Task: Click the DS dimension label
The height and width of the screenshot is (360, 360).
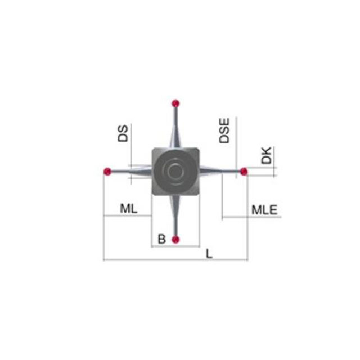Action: pos(123,133)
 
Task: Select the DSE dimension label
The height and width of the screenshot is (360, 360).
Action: pos(224,130)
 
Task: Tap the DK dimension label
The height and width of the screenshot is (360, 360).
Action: pos(266,155)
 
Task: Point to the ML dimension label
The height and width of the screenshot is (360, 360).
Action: pos(129,209)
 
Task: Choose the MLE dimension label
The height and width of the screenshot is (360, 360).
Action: pos(264,210)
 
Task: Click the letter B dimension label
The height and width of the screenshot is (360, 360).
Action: pos(162,239)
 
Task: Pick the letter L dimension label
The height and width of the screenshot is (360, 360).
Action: pos(209,254)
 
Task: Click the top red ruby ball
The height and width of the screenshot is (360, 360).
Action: pos(175,103)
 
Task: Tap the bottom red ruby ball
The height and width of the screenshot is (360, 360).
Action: pos(175,240)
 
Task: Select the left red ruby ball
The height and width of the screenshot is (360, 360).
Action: pos(107,171)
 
